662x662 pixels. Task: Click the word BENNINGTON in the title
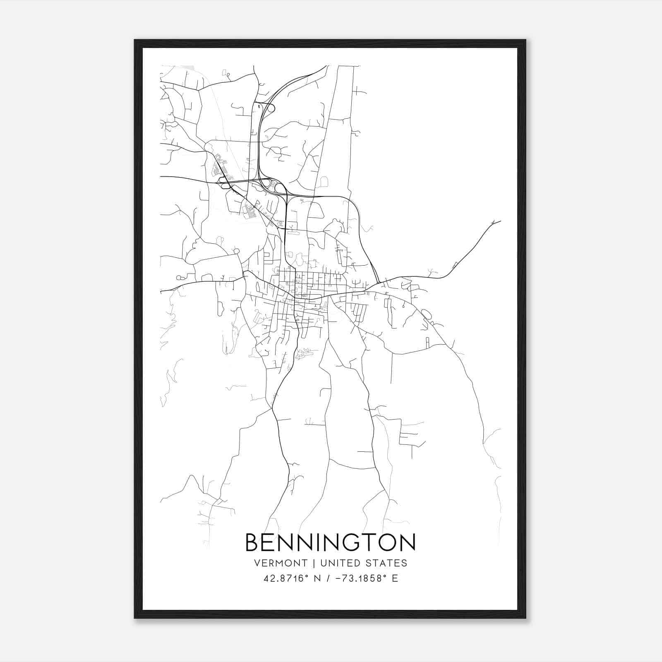pyautogui.click(x=330, y=542)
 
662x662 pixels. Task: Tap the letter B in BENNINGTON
pyautogui.click(x=253, y=542)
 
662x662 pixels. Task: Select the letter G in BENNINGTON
pyautogui.click(x=359, y=542)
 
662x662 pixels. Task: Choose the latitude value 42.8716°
pyautogui.click(x=286, y=578)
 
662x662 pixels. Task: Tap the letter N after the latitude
pyautogui.click(x=317, y=578)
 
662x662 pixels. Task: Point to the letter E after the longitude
pyautogui.click(x=395, y=578)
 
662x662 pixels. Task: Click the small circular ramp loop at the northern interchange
pyautogui.click(x=271, y=108)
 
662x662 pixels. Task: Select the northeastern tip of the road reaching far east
pyautogui.click(x=500, y=221)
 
